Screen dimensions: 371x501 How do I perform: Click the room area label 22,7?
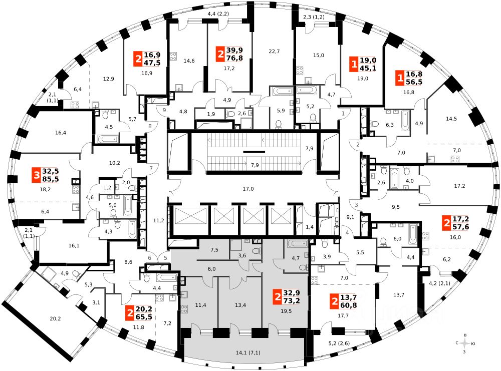tap(274, 51)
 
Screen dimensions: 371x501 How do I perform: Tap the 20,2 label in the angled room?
tap(56, 317)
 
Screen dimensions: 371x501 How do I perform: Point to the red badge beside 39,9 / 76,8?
tap(220, 54)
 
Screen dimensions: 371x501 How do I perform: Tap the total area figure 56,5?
tap(413, 82)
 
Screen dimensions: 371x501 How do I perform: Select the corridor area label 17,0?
tap(248, 189)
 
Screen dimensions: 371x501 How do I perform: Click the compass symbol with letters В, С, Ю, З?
tap(466, 343)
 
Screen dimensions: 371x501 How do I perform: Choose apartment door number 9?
tap(164, 110)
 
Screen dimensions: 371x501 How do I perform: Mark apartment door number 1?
tap(343, 114)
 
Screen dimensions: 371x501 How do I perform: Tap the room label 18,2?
tap(45, 190)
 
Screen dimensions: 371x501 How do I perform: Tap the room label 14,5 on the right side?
tap(451, 119)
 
